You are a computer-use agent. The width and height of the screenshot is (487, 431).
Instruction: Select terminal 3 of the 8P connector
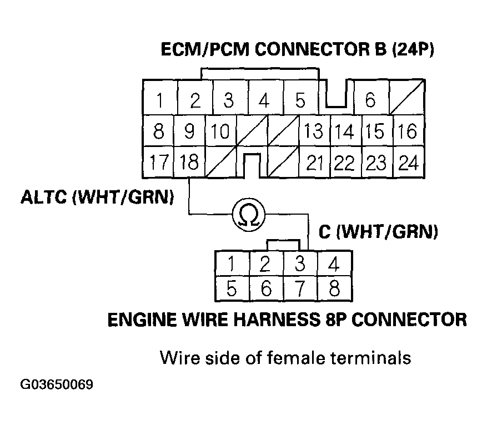tap(299, 263)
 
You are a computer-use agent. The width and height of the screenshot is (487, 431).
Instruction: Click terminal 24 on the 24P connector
tap(409, 163)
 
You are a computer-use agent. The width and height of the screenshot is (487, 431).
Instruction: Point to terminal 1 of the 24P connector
tap(160, 101)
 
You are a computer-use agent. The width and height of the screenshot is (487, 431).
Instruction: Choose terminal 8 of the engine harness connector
tap(334, 288)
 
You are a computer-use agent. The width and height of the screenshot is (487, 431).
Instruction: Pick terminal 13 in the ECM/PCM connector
tap(314, 131)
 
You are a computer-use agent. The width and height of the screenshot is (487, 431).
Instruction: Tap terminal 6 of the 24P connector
tap(370, 101)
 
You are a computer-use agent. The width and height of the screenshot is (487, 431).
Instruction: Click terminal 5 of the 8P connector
tap(232, 288)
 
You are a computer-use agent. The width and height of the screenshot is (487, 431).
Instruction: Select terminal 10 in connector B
tap(220, 131)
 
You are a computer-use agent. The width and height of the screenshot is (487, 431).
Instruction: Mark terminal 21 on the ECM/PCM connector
tap(315, 163)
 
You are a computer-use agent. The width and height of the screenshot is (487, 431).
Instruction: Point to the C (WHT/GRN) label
tap(378, 231)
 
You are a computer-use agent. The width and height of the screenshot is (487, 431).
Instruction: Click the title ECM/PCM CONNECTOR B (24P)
tap(297, 50)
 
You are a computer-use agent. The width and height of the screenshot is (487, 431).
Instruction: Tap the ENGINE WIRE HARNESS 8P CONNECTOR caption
tap(287, 320)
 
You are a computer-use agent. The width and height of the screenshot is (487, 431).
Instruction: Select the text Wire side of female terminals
tap(285, 358)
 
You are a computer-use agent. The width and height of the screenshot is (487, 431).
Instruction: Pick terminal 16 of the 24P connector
tap(408, 131)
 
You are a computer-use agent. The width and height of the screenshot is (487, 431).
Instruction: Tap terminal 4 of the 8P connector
tap(334, 263)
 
